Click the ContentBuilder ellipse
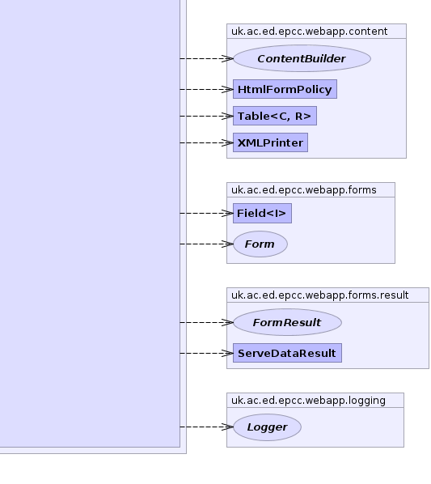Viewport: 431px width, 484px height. (x=302, y=58)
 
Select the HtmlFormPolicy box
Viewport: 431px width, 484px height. (x=285, y=89)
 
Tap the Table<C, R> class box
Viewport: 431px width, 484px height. (x=275, y=116)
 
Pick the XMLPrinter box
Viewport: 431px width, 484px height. (x=270, y=142)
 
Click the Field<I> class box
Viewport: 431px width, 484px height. (x=262, y=213)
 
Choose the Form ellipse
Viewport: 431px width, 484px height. (x=260, y=244)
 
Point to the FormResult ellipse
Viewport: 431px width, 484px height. (x=287, y=322)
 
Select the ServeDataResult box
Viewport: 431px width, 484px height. (x=287, y=353)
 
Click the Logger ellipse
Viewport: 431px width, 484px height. (x=267, y=427)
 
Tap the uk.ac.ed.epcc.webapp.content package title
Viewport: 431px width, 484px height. (x=309, y=32)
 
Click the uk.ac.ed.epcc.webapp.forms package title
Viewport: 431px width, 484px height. (x=304, y=190)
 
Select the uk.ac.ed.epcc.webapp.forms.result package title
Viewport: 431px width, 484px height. (x=319, y=295)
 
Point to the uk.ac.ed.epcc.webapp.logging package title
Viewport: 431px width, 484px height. (x=308, y=401)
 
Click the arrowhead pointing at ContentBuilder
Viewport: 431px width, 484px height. (x=227, y=58)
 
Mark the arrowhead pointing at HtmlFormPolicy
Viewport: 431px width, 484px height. (x=227, y=89)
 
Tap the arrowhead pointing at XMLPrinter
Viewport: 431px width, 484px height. (x=227, y=142)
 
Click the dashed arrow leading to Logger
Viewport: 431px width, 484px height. (x=206, y=427)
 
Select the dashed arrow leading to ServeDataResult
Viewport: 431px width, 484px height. (x=206, y=353)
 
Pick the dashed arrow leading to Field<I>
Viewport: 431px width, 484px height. (x=206, y=213)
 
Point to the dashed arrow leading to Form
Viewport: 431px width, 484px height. (x=206, y=244)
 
